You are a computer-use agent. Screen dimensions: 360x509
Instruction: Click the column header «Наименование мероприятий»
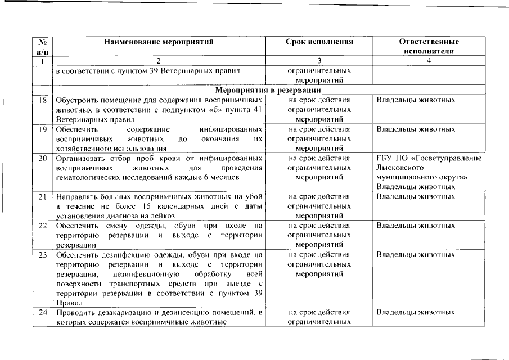(159, 42)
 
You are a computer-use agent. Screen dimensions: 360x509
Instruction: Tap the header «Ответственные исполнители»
(429, 46)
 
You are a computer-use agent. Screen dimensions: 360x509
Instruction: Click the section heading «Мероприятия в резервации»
(268, 90)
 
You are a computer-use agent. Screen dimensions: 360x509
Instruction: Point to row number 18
(42, 100)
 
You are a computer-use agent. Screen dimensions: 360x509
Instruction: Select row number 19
(42, 129)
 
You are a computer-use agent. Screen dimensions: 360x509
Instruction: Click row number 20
(42, 158)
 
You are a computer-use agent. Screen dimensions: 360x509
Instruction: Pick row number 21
(42, 197)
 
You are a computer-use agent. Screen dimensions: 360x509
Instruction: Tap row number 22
(42, 226)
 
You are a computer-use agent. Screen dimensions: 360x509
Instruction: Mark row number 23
(42, 255)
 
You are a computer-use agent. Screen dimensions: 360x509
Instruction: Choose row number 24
(42, 312)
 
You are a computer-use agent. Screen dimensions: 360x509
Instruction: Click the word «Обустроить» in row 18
(75, 100)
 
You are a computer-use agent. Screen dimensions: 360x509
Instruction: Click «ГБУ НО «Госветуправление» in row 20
(428, 158)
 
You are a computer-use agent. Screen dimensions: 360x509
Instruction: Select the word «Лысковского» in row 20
(399, 168)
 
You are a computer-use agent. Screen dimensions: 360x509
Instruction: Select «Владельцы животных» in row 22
(416, 226)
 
